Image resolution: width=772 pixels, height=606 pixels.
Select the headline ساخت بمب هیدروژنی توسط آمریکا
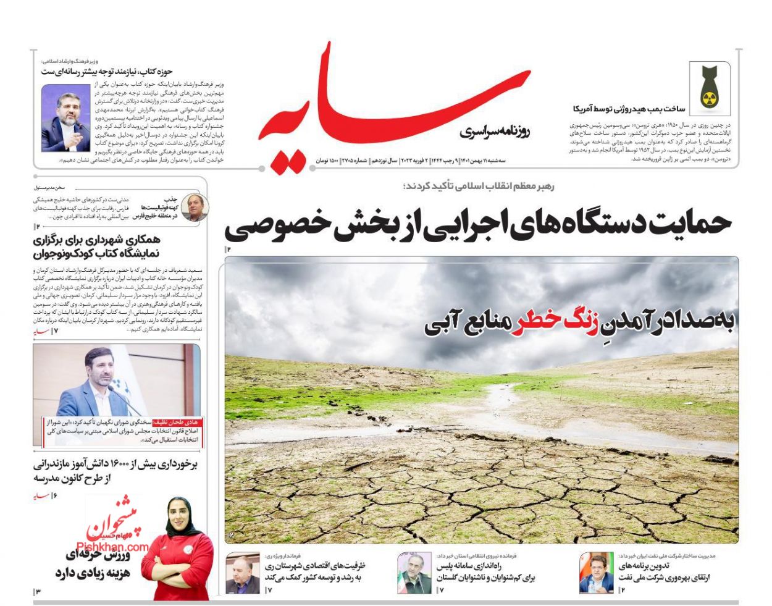(629, 109)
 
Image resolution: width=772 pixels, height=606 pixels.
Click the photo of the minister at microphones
(65, 118)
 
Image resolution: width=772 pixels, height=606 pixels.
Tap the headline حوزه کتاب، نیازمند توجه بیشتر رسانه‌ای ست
(107, 72)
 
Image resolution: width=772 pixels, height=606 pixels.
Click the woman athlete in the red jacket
(182, 550)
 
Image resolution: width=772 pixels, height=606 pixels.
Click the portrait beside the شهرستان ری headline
(242, 573)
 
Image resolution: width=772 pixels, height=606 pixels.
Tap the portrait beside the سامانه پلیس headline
(414, 573)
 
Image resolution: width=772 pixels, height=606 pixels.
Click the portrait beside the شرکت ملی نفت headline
(596, 573)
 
